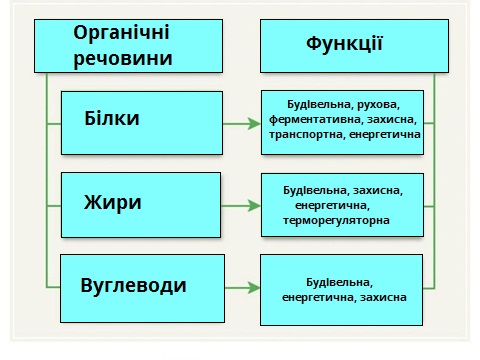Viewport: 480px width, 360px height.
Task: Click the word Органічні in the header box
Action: (121, 32)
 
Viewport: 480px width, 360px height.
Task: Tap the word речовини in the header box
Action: (121, 58)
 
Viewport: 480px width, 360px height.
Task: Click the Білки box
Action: (142, 119)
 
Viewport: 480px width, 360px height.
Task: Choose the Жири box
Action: (142, 203)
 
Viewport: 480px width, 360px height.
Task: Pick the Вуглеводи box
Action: (142, 286)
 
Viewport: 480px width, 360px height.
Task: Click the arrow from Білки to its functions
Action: (240, 124)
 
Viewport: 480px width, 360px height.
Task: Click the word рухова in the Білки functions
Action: (381, 103)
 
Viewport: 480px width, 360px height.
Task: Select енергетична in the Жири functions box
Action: (333, 205)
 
